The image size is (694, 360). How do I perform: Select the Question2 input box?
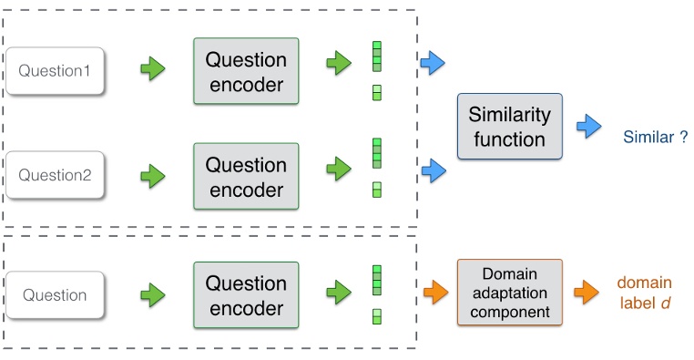(x=56, y=174)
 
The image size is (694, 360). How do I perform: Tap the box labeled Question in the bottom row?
(x=56, y=294)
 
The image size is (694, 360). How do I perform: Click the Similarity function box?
(x=509, y=127)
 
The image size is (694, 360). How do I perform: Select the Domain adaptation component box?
(x=509, y=293)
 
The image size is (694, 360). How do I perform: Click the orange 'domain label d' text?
(x=644, y=293)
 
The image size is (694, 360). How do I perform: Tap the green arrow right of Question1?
(x=152, y=67)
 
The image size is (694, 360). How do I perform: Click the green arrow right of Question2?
(x=152, y=170)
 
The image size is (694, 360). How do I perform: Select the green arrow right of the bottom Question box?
(x=152, y=293)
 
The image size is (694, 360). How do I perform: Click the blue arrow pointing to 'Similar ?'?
(x=589, y=127)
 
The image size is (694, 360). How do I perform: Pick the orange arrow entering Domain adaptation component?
(x=433, y=293)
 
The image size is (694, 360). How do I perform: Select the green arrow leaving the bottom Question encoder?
(x=339, y=293)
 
